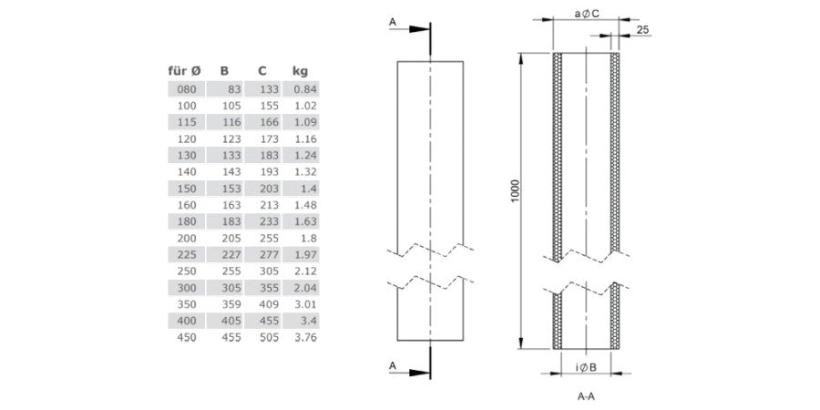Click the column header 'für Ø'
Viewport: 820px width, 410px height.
pos(185,71)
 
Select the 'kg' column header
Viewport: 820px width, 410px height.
pos(300,72)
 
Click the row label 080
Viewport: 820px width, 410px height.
pos(187,89)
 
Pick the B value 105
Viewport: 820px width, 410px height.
pos(231,106)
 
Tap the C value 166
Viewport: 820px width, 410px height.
pos(270,122)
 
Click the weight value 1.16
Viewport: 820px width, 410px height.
pos(305,139)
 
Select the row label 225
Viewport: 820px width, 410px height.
pos(187,255)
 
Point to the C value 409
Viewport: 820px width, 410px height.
pos(270,304)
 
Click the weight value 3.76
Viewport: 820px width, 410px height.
pos(305,338)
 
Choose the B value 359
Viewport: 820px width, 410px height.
pos(231,304)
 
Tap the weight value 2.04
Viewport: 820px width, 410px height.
pos(305,288)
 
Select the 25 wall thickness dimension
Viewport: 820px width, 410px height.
pos(643,30)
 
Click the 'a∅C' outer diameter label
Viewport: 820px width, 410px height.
pos(586,15)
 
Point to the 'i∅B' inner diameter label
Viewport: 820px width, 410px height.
pos(586,368)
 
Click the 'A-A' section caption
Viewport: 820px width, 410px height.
pos(586,396)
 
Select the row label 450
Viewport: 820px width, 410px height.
pos(187,338)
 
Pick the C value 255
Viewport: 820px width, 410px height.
pos(270,239)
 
